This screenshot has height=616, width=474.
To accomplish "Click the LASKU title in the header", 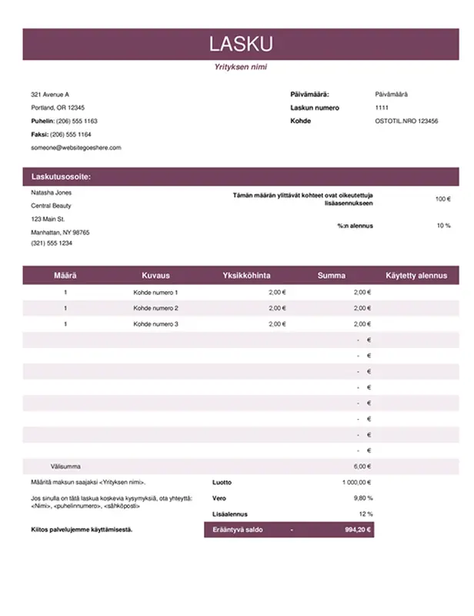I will (x=241, y=44).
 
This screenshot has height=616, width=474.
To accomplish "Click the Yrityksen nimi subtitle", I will (x=241, y=67).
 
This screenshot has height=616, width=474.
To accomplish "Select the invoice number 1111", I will (x=382, y=108).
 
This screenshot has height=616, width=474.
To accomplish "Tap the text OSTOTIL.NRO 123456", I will (x=406, y=121).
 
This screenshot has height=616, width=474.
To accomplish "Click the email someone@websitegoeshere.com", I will (x=76, y=147).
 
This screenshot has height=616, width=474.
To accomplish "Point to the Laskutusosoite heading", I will (x=61, y=176).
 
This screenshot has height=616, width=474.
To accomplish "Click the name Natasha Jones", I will (x=51, y=193).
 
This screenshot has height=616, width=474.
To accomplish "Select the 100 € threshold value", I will (x=442, y=199).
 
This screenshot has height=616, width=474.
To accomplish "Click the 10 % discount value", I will (x=443, y=226).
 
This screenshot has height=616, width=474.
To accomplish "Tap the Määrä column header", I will (x=65, y=275).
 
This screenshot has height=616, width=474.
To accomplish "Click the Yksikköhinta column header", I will (x=246, y=275).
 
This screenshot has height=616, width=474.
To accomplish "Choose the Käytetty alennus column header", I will (x=416, y=275).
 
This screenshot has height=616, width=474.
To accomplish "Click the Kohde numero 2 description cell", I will (x=155, y=308).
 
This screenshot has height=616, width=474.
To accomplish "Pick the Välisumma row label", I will (x=65, y=467).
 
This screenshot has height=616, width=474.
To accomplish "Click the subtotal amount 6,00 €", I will (x=362, y=467).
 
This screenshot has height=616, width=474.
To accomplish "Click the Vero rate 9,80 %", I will (x=362, y=498).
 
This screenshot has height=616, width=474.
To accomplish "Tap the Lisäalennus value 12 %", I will (x=365, y=514).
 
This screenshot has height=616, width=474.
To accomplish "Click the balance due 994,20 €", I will (x=358, y=530).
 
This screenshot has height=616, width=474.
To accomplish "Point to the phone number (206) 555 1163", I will (x=75, y=121).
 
